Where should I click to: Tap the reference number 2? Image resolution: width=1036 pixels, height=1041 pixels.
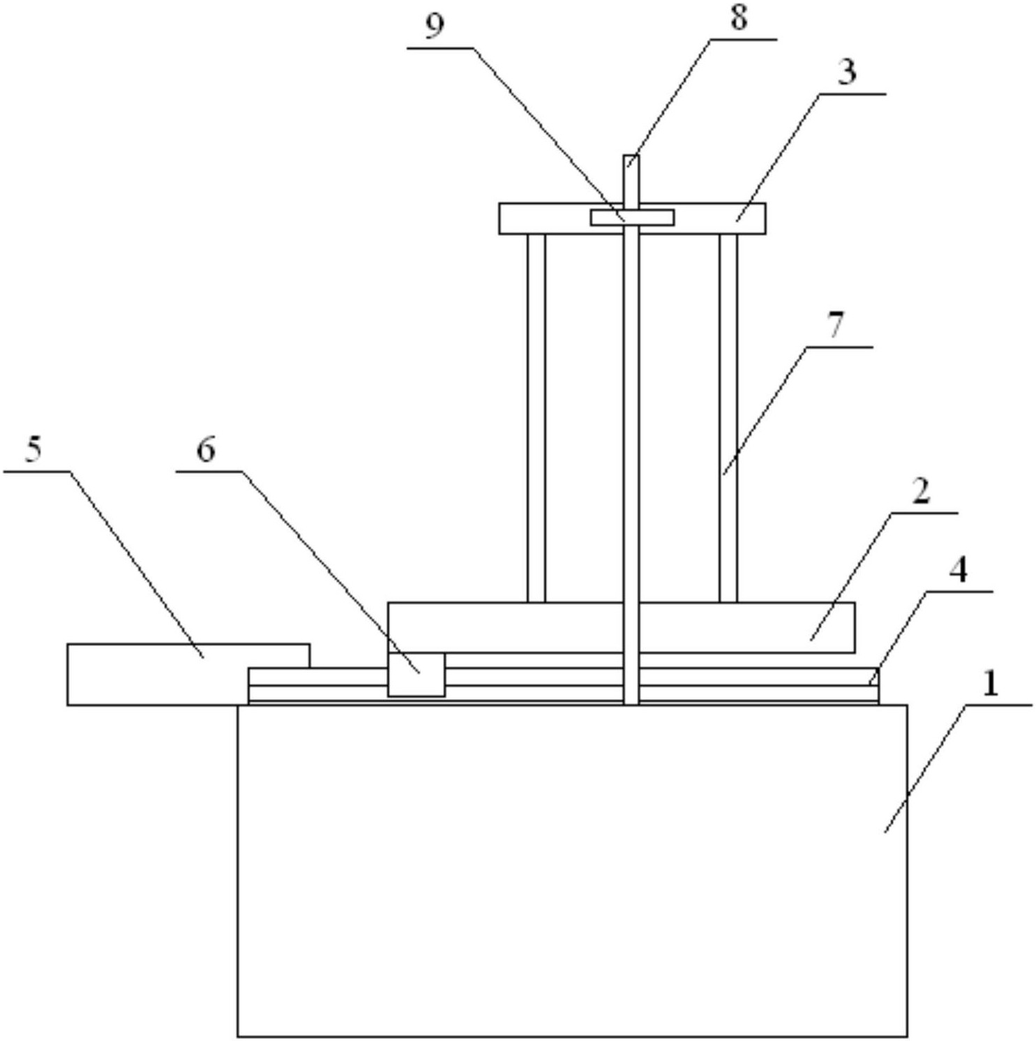click(921, 492)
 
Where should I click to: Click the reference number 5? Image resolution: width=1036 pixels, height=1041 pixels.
click(33, 450)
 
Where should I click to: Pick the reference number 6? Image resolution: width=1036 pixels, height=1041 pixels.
click(205, 450)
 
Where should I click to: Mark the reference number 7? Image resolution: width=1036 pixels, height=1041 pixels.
click(835, 325)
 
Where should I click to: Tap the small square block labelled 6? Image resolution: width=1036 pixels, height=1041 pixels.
click(416, 675)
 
